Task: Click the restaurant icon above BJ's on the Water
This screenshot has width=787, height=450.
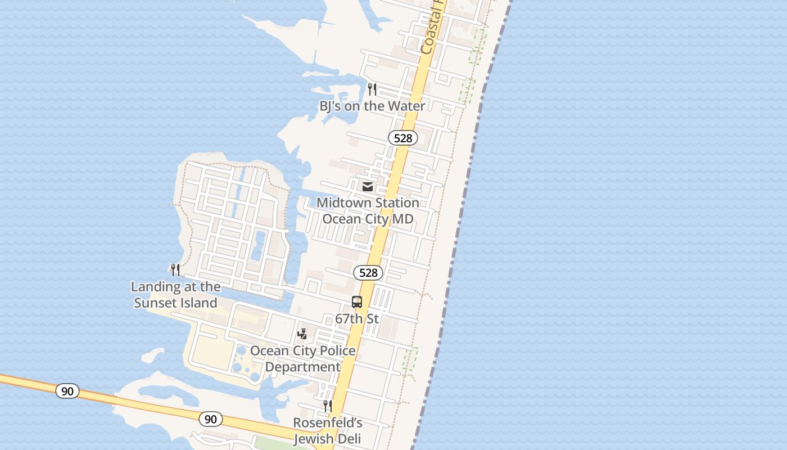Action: (x=372, y=89)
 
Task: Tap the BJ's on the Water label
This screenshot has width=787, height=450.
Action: (x=372, y=106)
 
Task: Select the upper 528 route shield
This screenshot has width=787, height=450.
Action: (x=403, y=138)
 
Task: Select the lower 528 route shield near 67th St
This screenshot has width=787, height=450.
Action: (x=368, y=273)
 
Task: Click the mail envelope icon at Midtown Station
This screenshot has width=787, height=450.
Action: (x=368, y=186)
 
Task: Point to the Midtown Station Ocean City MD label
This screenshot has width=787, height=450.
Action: (x=368, y=210)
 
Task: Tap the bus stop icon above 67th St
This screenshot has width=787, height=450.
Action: (x=357, y=302)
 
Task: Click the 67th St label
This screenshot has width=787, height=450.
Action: (x=357, y=319)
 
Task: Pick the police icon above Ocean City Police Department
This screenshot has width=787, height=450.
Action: (x=302, y=334)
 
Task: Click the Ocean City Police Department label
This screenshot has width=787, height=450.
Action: (x=303, y=359)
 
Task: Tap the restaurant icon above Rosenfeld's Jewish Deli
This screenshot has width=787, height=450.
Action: (x=327, y=406)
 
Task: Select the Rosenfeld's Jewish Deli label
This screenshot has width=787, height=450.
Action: (x=328, y=431)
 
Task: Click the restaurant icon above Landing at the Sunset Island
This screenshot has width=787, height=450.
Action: (x=175, y=270)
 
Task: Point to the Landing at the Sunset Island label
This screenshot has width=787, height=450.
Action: (x=175, y=295)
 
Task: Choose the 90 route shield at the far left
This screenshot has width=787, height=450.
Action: (x=67, y=391)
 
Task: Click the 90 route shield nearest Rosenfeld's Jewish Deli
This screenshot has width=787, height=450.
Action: (x=210, y=419)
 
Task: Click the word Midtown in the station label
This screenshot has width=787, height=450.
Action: (x=344, y=202)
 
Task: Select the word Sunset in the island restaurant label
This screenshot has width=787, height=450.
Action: (x=155, y=303)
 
